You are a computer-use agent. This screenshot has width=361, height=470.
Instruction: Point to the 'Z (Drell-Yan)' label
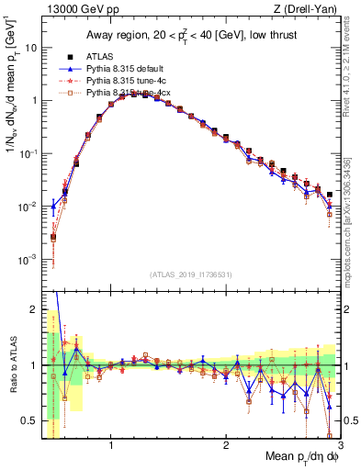[308, 9]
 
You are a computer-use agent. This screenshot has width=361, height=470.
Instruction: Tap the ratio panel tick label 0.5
[29, 421]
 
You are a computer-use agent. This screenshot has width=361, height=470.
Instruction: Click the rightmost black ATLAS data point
[330, 195]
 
